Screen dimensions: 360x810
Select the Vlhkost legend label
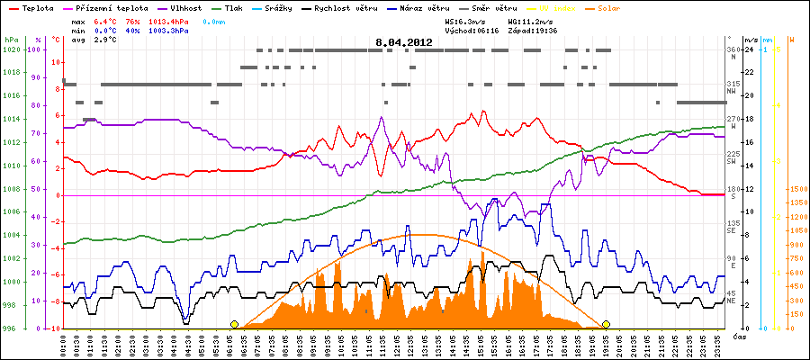[x=190, y=7]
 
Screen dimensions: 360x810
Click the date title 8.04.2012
[x=405, y=42]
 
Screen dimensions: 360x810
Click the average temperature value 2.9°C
[x=106, y=40]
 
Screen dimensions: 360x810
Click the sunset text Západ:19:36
[x=534, y=31]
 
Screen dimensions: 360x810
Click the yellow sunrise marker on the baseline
[x=234, y=324]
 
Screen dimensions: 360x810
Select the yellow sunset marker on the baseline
[x=607, y=324]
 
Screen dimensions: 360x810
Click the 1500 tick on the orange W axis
[x=796, y=190]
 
